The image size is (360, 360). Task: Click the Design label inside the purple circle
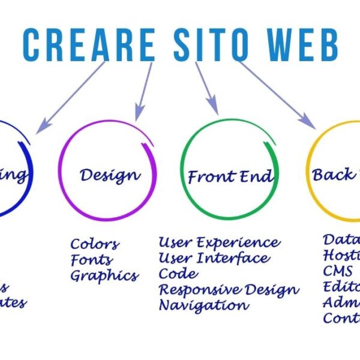pos(110,175)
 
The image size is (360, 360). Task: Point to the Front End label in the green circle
pos(230,177)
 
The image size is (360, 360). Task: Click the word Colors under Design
pos(95,244)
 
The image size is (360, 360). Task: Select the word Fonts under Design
pos(91,260)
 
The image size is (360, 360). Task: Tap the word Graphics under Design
pos(104,277)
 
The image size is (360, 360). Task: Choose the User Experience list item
pos(219,242)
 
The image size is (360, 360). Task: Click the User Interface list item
pos(214,258)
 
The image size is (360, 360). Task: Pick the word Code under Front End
pos(178,274)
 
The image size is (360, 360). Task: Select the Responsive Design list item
pos(229,290)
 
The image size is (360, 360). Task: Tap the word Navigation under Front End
pos(203,305)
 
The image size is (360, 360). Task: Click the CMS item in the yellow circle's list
pos(337,271)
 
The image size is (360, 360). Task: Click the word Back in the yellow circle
pos(328,175)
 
